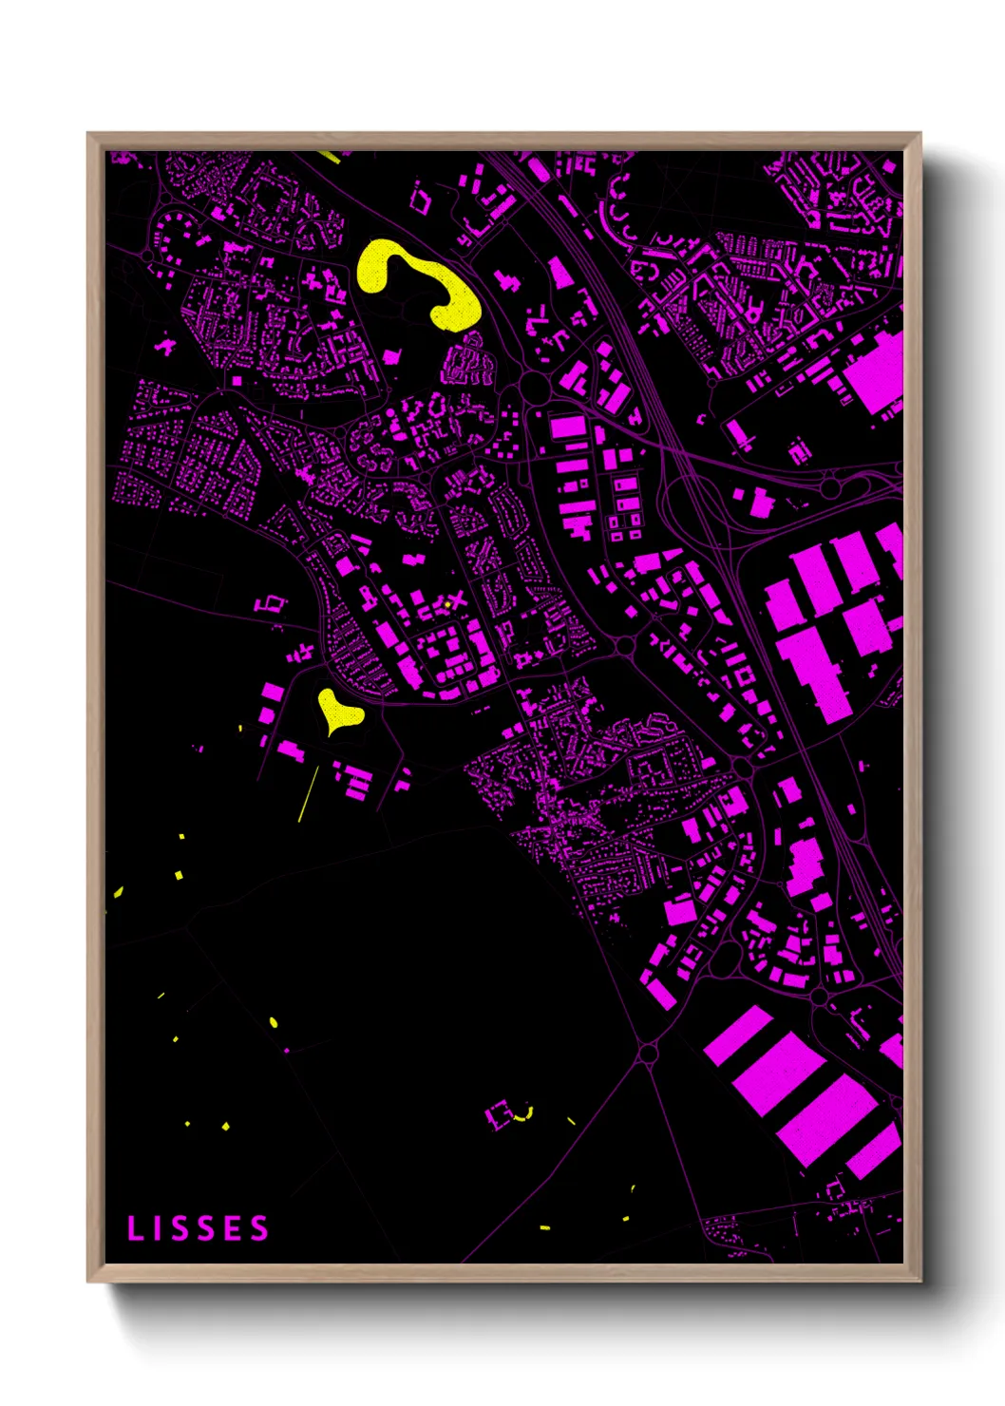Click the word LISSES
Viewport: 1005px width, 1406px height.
[x=199, y=1228]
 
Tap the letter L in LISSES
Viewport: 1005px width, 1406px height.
[x=134, y=1228]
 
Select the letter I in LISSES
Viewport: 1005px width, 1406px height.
[x=159, y=1228]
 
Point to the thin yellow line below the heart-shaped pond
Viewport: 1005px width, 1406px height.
[x=309, y=792]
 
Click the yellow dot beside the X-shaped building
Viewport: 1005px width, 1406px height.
[x=446, y=603]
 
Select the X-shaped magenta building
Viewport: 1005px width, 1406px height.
[x=460, y=599]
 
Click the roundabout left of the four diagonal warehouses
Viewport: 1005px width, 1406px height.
[x=649, y=1053]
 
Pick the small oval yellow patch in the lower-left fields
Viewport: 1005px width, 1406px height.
[x=274, y=1022]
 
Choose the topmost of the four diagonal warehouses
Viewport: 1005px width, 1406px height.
[x=738, y=1035]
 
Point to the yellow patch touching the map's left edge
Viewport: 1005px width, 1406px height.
[x=118, y=891]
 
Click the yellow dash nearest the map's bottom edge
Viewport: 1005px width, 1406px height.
[x=545, y=1228]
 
